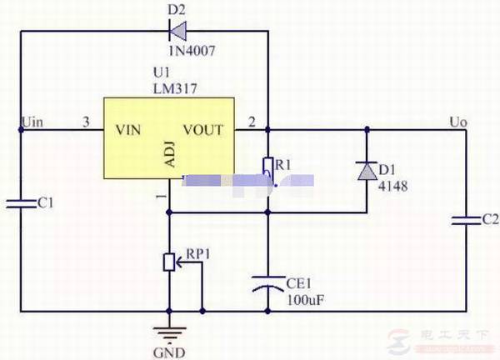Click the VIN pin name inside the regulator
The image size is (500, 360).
coord(132,129)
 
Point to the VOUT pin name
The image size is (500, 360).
coord(202,129)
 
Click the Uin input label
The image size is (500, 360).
coord(32,122)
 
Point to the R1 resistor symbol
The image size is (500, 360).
coord(267,168)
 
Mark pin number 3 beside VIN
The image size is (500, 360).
coord(85,122)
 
